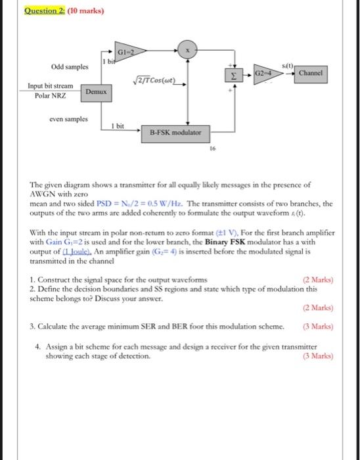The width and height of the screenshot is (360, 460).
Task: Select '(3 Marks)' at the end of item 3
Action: point(318,325)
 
